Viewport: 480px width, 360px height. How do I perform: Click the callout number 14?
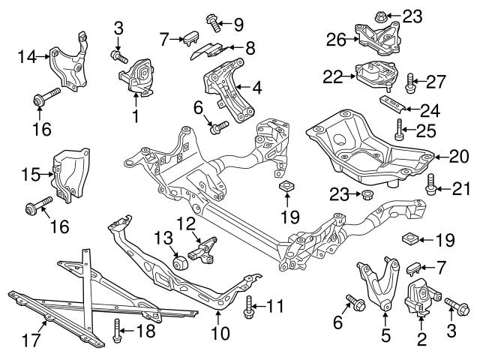(x=26, y=55)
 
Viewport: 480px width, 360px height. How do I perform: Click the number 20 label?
(x=458, y=157)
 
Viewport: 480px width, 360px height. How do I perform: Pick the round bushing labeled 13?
(x=180, y=264)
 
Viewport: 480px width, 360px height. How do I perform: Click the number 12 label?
(x=185, y=223)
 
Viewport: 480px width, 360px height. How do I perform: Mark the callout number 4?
(x=256, y=88)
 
